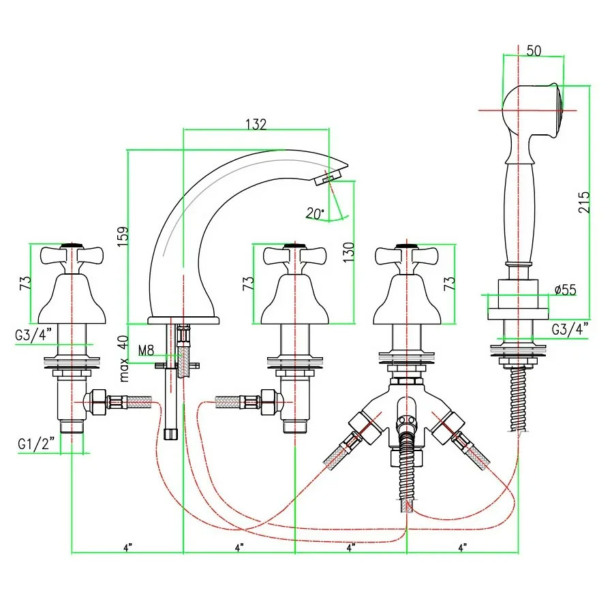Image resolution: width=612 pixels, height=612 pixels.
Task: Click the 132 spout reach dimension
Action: pyautogui.click(x=256, y=124)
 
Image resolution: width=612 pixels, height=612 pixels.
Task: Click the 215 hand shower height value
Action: pyautogui.click(x=584, y=202)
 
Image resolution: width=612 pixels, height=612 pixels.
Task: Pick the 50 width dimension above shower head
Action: pyautogui.click(x=534, y=50)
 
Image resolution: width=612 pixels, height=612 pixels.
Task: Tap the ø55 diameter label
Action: pyautogui.click(x=565, y=290)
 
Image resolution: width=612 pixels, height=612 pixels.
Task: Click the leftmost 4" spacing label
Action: pyautogui.click(x=127, y=547)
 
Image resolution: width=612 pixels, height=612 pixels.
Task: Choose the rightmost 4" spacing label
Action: pyautogui.click(x=462, y=547)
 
